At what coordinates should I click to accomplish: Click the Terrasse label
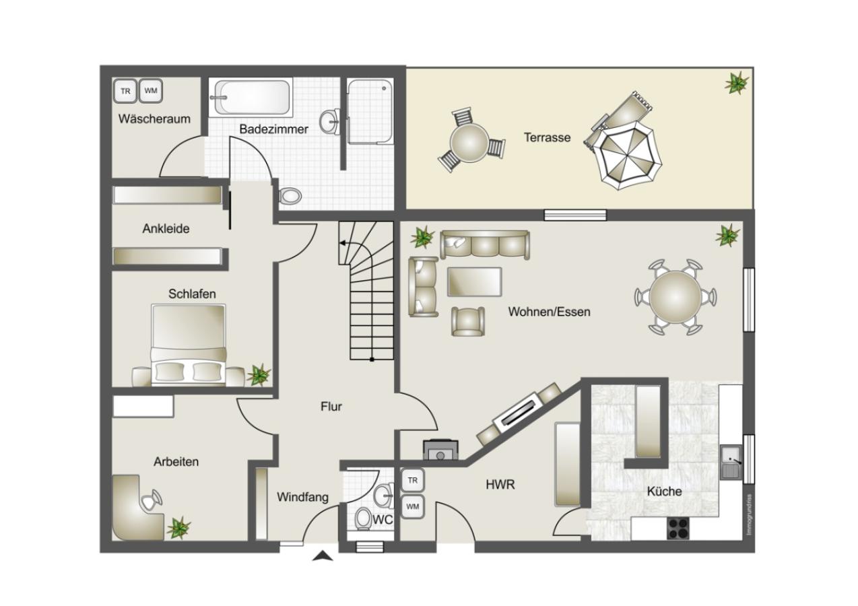pyautogui.click(x=547, y=137)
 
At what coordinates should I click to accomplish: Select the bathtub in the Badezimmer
pyautogui.click(x=252, y=97)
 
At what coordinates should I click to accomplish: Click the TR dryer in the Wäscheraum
pyautogui.click(x=125, y=91)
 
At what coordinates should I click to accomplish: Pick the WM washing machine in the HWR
pyautogui.click(x=413, y=506)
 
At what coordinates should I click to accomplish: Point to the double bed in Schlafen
pyautogui.click(x=189, y=345)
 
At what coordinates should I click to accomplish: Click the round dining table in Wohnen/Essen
pyautogui.click(x=675, y=298)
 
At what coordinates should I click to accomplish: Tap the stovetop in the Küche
pyautogui.click(x=678, y=529)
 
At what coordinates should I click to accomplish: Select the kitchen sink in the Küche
pyautogui.click(x=731, y=462)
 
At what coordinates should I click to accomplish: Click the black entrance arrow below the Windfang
pyautogui.click(x=323, y=555)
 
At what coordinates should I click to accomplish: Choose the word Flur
pyautogui.click(x=331, y=407)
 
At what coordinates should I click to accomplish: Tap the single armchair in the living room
pyautogui.click(x=467, y=322)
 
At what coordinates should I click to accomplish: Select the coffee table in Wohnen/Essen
pyautogui.click(x=475, y=282)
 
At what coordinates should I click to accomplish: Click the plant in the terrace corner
pyautogui.click(x=736, y=83)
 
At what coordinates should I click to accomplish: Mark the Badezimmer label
pyautogui.click(x=273, y=129)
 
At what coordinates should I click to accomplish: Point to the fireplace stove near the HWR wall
pyautogui.click(x=440, y=449)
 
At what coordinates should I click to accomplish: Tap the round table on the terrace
pyautogui.click(x=469, y=143)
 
